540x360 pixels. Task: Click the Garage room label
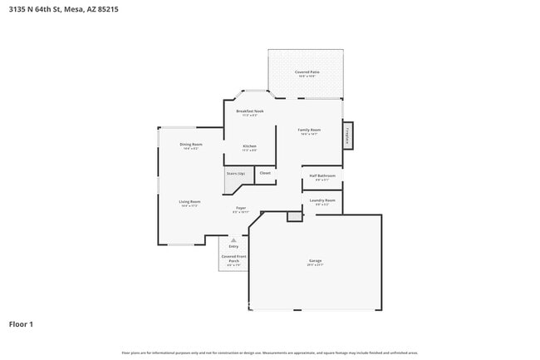pyautogui.click(x=315, y=262)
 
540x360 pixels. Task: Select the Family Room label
pyautogui.click(x=310, y=130)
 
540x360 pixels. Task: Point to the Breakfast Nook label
pyautogui.click(x=249, y=111)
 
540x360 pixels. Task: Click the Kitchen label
pyautogui.click(x=249, y=146)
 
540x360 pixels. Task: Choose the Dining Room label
pyautogui.click(x=191, y=145)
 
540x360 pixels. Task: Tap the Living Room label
pyautogui.click(x=189, y=202)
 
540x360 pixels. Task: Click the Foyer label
pyautogui.click(x=241, y=208)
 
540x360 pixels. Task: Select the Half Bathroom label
pyautogui.click(x=322, y=175)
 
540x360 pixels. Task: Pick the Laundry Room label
pyautogui.click(x=322, y=200)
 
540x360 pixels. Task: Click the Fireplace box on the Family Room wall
pyautogui.click(x=347, y=136)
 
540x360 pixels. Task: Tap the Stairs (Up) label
pyautogui.click(x=236, y=173)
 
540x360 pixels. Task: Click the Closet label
pyautogui.click(x=265, y=173)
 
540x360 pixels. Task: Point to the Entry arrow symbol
pyautogui.click(x=233, y=239)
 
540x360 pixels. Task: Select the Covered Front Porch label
pyautogui.click(x=233, y=259)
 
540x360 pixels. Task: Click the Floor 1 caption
pyautogui.click(x=21, y=323)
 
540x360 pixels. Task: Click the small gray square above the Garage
pyautogui.click(x=293, y=216)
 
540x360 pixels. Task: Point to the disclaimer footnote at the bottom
pyautogui.click(x=269, y=353)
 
